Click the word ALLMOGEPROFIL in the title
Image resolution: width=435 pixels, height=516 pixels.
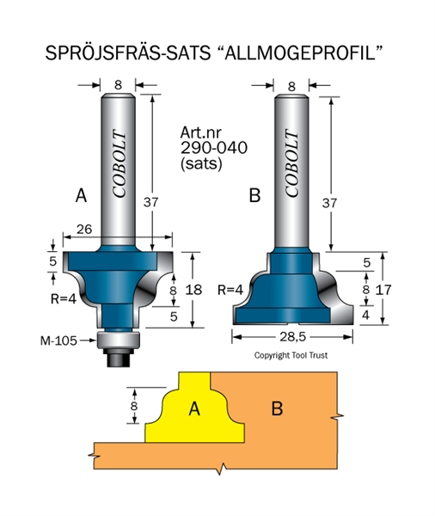point(300,52)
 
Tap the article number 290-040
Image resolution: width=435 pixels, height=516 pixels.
point(214,148)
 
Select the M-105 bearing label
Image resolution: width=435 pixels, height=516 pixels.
point(58,341)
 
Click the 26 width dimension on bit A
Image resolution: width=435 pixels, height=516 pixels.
point(84,229)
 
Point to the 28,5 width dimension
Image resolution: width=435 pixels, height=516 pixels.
point(292,336)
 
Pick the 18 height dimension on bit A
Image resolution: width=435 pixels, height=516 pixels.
point(193,290)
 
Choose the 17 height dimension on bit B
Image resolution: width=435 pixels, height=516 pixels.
point(383,290)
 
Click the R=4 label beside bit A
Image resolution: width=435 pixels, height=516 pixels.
point(64,298)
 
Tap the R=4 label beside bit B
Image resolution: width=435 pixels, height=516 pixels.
point(230,290)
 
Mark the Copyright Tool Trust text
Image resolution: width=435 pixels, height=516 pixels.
point(291,355)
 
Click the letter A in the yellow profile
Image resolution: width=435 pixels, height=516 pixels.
point(194,409)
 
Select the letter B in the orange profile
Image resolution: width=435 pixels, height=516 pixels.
point(278,408)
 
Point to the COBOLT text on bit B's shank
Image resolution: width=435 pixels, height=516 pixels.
point(291,163)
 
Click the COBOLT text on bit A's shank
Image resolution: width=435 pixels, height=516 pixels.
point(119,163)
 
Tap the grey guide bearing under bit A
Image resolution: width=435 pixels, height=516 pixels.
point(118,340)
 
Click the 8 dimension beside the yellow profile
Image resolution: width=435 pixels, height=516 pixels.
point(133,406)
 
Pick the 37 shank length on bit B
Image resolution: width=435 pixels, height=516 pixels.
point(329,203)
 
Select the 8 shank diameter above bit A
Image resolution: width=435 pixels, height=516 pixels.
point(118,85)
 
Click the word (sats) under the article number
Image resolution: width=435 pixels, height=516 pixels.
point(201,163)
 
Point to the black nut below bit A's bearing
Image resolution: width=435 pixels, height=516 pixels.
point(119,358)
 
